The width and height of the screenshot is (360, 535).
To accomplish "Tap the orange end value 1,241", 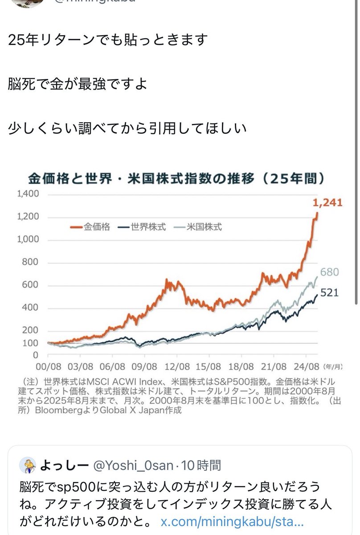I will click(327, 203).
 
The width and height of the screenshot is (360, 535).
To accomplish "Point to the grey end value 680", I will click(330, 272).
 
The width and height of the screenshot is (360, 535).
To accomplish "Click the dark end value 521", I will click(330, 293).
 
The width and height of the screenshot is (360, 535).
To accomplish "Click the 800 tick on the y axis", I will click(32, 263).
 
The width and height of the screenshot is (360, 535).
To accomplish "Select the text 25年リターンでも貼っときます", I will click(108, 40).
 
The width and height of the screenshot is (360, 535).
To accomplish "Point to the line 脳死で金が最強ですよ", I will click(78, 84).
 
